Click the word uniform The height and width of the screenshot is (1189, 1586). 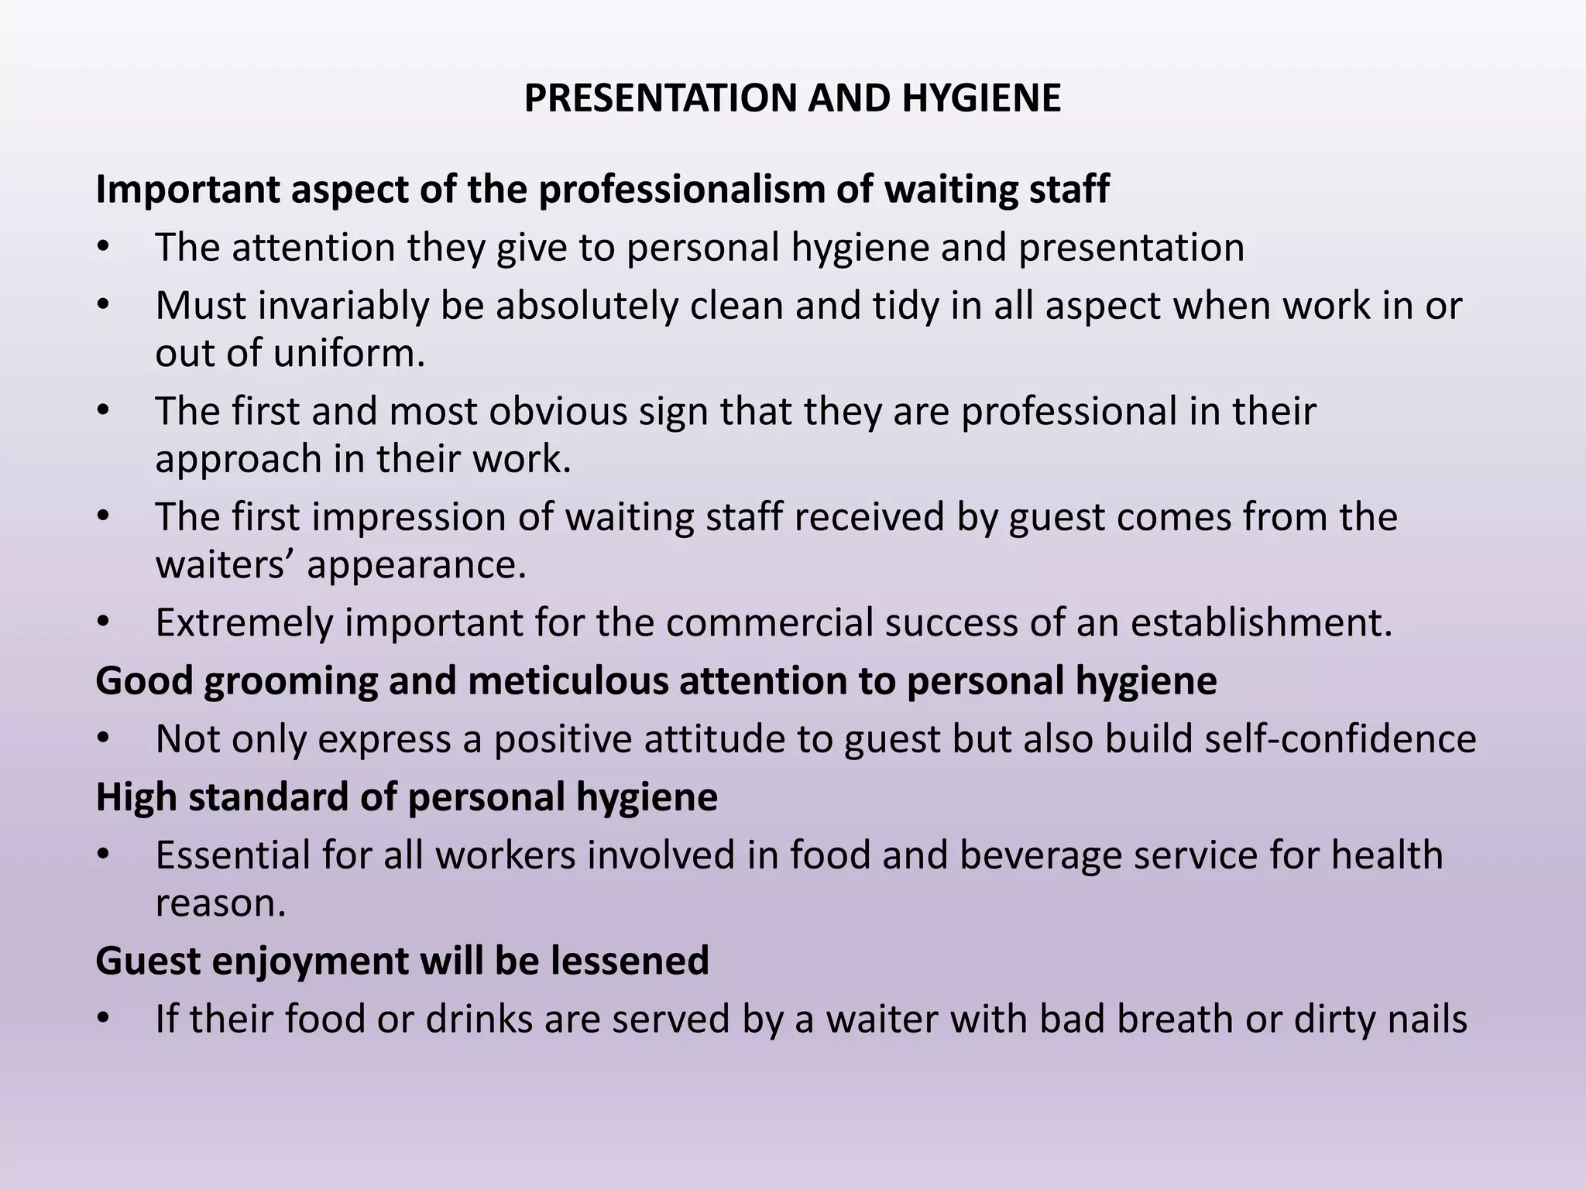click(348, 353)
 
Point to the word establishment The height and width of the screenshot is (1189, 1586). click(1261, 622)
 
